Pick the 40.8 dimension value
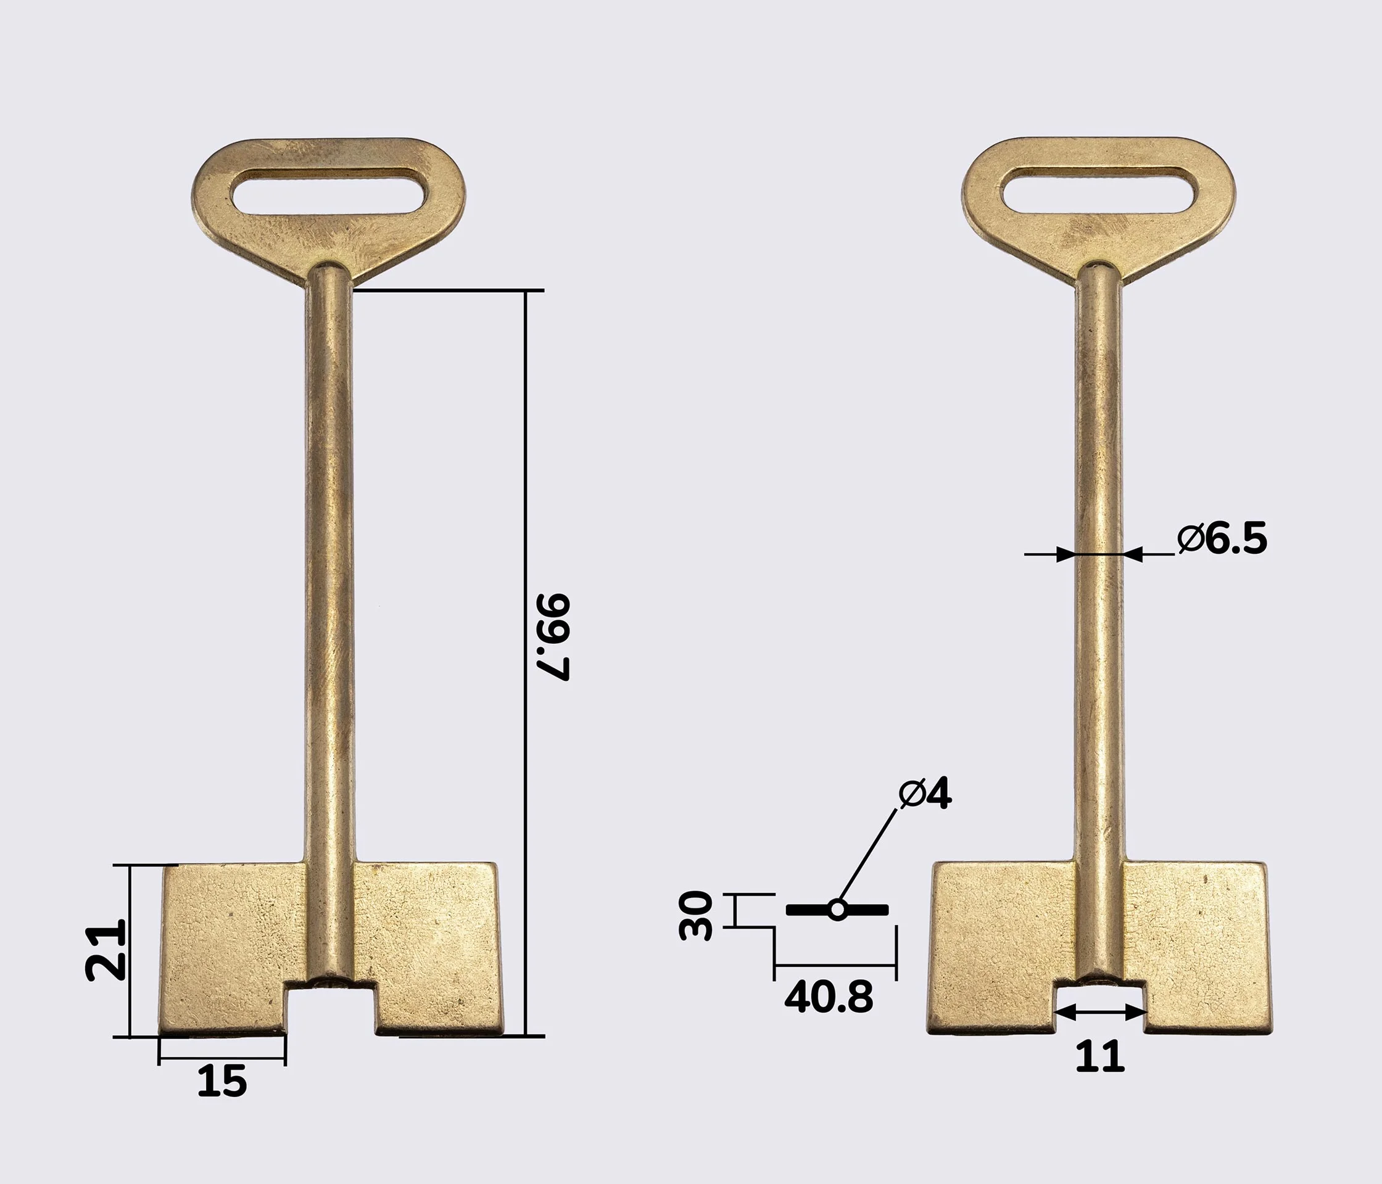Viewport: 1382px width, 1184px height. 829,997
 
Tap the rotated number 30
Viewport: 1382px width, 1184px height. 696,915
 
